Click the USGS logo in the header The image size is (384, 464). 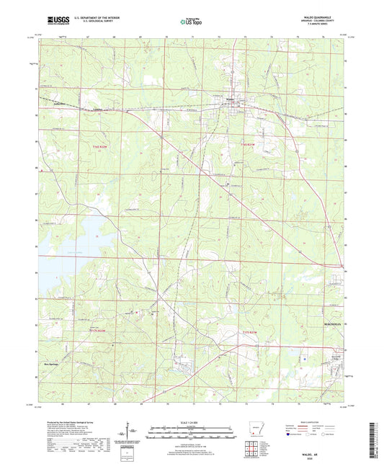click(x=51, y=22)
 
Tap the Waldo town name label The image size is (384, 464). click(x=231, y=99)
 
